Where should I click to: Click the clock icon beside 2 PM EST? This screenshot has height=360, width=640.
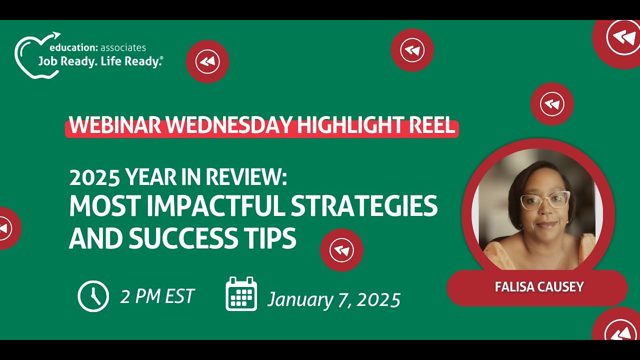[93, 296]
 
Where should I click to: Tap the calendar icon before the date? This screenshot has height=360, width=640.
[241, 294]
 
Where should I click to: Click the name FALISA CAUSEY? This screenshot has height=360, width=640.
[539, 287]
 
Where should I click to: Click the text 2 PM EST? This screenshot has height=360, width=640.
[157, 296]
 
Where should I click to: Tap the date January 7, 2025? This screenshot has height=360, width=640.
[334, 299]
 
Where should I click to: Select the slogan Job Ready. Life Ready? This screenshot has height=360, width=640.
[100, 61]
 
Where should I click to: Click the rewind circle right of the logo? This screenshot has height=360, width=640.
[207, 61]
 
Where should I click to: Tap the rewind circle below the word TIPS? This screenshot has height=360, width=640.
[341, 250]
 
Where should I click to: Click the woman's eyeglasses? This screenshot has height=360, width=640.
[544, 200]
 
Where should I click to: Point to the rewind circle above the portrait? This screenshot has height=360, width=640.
[552, 104]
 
